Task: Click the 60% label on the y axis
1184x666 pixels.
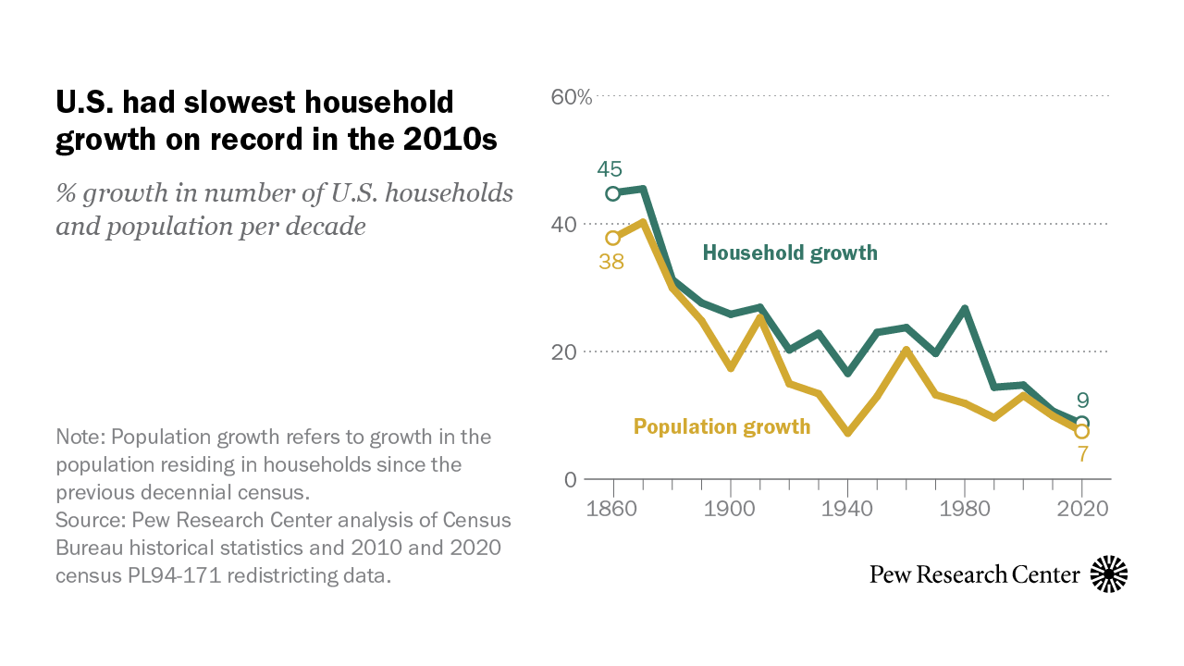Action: (x=572, y=96)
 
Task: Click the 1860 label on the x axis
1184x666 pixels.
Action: (x=613, y=509)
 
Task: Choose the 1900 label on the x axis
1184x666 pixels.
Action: (x=731, y=509)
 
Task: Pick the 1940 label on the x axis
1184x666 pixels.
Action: (x=848, y=509)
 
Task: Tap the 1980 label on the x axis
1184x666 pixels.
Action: (x=965, y=509)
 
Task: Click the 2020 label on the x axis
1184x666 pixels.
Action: (x=1082, y=509)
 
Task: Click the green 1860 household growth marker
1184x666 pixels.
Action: (x=612, y=193)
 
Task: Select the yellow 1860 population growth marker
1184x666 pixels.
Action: (x=612, y=238)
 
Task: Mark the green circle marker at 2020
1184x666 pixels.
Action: (x=1082, y=423)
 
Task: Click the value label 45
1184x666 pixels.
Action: (x=610, y=169)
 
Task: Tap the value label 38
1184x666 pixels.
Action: (x=610, y=262)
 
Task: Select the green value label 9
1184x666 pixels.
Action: (x=1082, y=401)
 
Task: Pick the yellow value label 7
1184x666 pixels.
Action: (x=1082, y=454)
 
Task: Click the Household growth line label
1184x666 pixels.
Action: (x=790, y=253)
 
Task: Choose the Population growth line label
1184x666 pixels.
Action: (x=721, y=426)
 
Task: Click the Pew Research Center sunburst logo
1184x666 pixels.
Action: (x=1109, y=574)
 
